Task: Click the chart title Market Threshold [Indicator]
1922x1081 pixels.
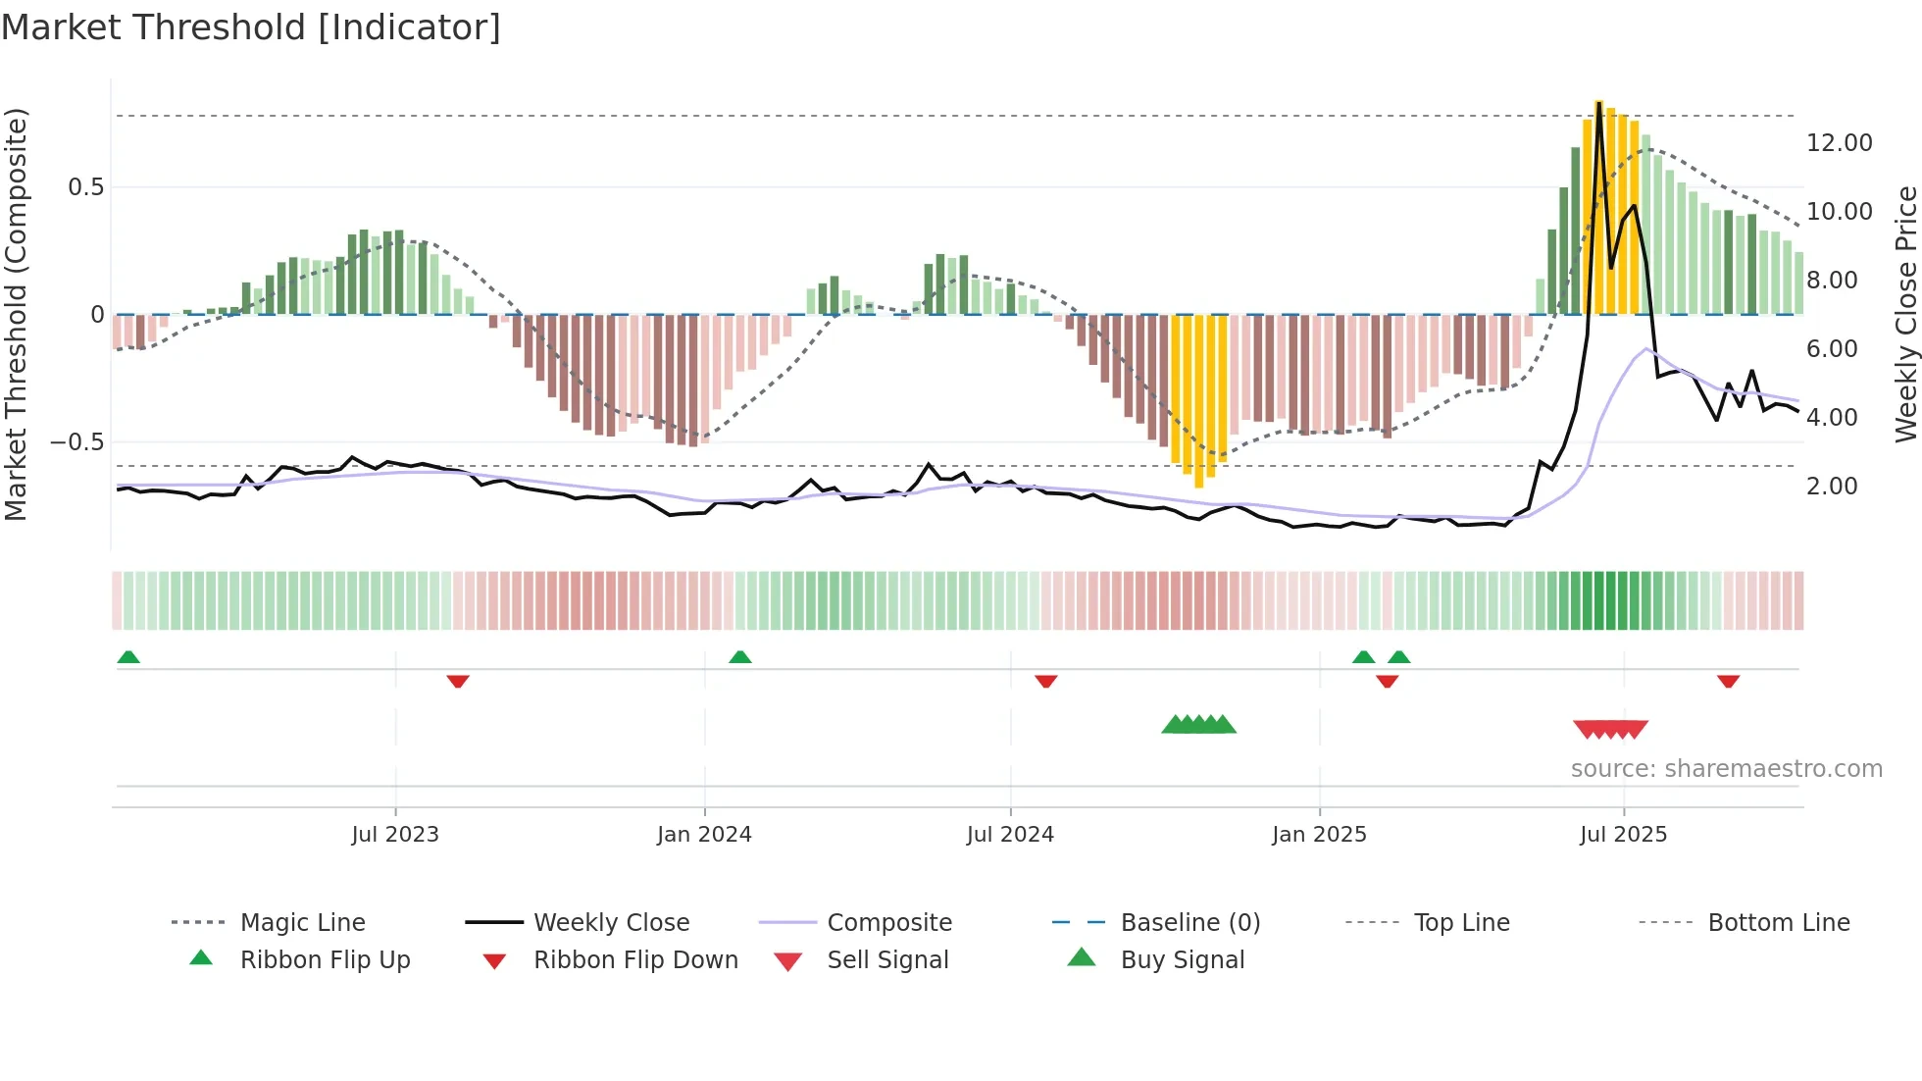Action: point(251,27)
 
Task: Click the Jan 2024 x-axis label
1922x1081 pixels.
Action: point(704,835)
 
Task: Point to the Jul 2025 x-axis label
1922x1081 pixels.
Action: point(1623,835)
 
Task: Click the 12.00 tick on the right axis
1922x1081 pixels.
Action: point(1839,143)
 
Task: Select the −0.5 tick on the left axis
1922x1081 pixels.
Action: point(76,442)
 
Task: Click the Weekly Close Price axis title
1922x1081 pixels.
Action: point(1905,314)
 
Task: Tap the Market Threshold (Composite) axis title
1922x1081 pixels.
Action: point(16,314)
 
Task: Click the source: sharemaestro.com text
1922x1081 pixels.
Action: point(1726,769)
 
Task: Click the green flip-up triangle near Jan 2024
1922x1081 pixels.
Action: point(740,657)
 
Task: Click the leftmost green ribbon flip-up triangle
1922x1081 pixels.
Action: point(128,657)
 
